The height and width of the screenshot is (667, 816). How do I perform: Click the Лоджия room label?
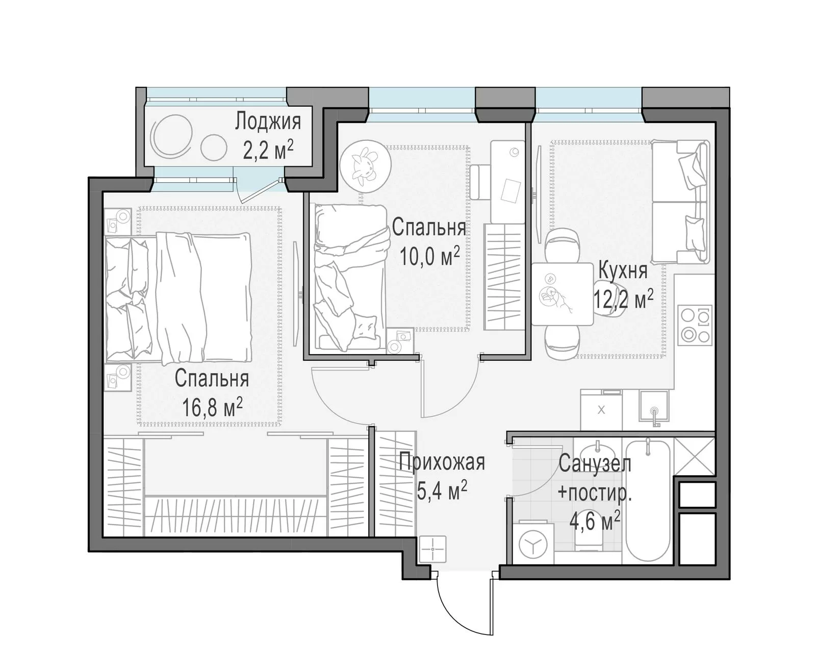pos(268,121)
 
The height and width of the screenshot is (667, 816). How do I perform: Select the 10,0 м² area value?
pos(429,256)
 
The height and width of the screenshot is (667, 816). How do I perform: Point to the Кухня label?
pos(623,270)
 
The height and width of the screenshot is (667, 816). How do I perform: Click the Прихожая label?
pos(442,462)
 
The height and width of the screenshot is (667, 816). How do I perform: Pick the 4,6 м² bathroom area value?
pos(595,521)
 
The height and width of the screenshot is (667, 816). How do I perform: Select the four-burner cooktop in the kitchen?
pos(695,325)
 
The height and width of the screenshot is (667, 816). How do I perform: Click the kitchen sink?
pos(653,406)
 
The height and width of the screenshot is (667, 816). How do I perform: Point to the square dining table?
pos(562,294)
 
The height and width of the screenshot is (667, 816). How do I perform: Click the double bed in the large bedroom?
pos(178,298)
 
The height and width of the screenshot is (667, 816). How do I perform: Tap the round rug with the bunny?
pos(365,166)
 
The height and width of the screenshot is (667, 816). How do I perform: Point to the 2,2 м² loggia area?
pos(268,150)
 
